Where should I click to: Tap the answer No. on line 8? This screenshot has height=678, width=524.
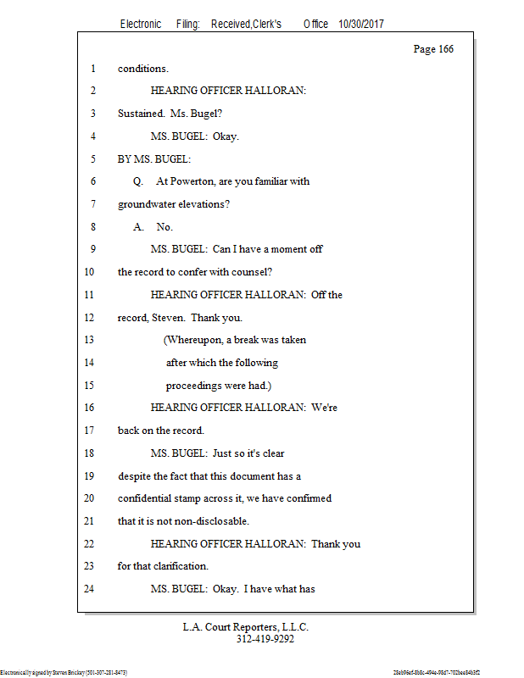pyautogui.click(x=164, y=227)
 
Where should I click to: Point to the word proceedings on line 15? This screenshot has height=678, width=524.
pyautogui.click(x=198, y=386)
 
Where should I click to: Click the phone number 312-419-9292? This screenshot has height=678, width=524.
pyautogui.click(x=265, y=639)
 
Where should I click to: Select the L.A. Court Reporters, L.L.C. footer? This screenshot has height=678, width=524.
pyautogui.click(x=246, y=627)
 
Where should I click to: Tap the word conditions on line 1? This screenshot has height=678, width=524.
pyautogui.click(x=142, y=69)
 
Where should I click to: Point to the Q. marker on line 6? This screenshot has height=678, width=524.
pyautogui.click(x=138, y=181)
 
